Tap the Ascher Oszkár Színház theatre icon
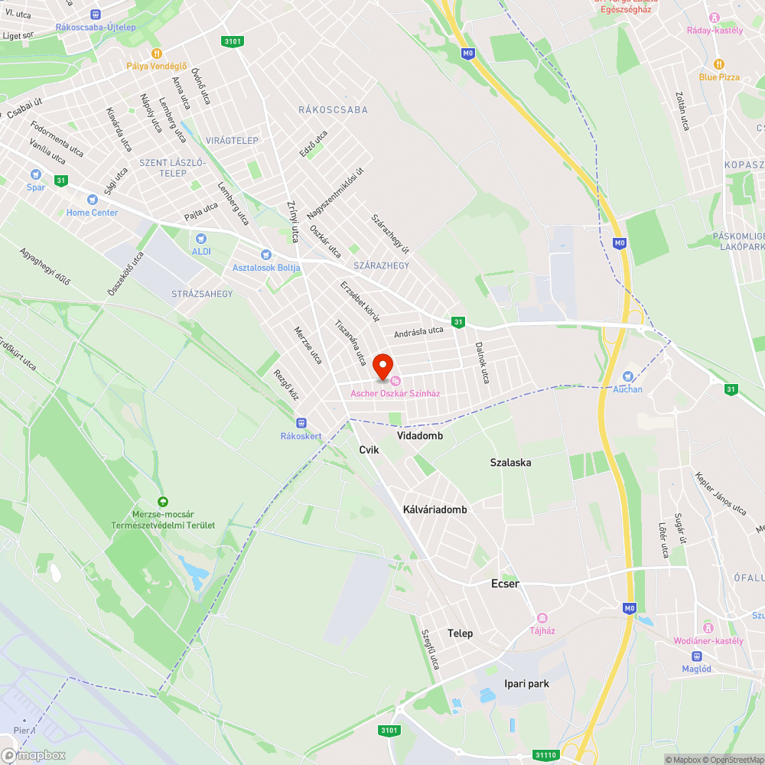coord(396,381)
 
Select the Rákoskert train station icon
coord(301,422)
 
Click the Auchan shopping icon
coord(628,376)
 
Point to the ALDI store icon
coord(201,239)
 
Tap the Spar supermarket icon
coord(34,174)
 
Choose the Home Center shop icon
coord(93,200)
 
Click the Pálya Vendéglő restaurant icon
coord(156,53)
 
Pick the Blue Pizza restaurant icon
coord(718,64)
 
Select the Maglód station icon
coord(696,656)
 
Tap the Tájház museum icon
coord(542,618)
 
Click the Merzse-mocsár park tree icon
coord(160,500)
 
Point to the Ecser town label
coord(505,584)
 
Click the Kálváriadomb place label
coord(435,509)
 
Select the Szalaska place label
coord(510,463)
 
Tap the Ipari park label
coord(526,683)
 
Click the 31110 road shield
coord(546,755)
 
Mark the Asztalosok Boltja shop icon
coord(265,255)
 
